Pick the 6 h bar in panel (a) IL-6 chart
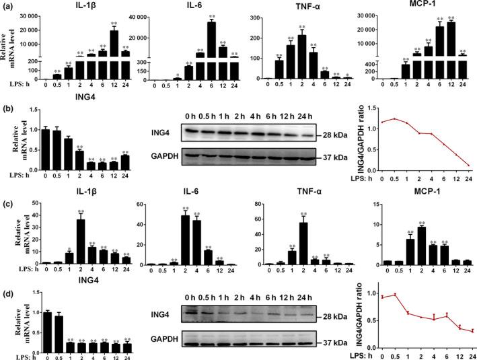(x=212, y=50)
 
